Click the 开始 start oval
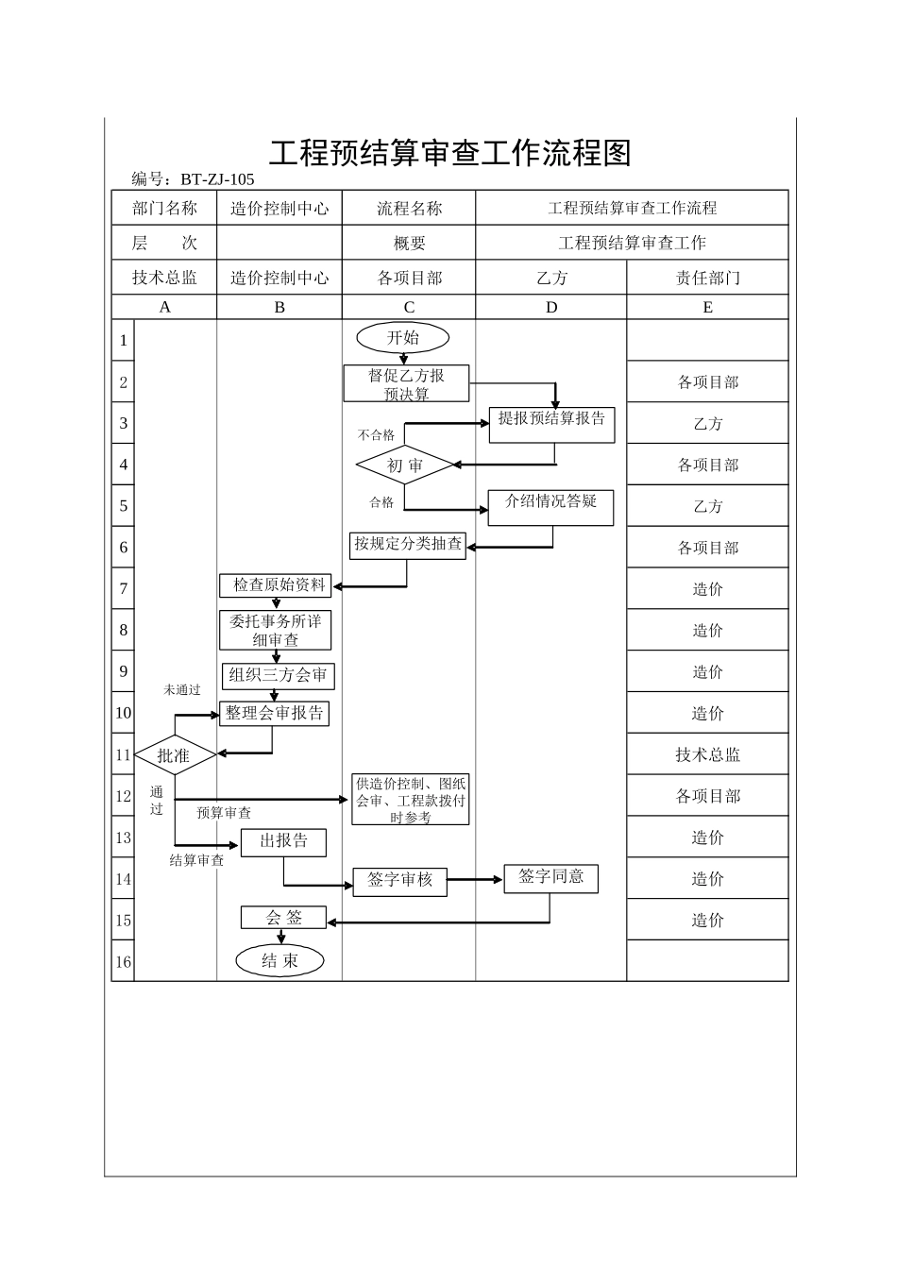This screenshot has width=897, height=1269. (403, 338)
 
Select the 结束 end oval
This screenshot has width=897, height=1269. (279, 961)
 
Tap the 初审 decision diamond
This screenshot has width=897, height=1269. (405, 465)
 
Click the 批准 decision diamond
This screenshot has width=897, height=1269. (175, 754)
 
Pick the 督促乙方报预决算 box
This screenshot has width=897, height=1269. (406, 384)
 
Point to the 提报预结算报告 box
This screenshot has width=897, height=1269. (551, 424)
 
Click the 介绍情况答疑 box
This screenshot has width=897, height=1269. (550, 506)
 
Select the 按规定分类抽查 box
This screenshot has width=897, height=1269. (408, 545)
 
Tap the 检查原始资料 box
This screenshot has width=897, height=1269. (277, 585)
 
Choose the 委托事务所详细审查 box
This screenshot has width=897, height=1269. (276, 631)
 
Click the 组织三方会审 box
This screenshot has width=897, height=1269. (278, 675)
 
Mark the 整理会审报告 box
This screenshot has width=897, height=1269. (274, 714)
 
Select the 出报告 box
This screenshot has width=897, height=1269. (283, 841)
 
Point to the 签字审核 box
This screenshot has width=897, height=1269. (399, 881)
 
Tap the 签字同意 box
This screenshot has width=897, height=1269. (550, 878)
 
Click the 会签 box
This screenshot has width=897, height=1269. (283, 918)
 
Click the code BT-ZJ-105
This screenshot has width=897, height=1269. (217, 179)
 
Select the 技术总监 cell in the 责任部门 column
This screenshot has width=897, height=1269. (707, 754)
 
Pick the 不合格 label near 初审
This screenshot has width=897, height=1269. (376, 435)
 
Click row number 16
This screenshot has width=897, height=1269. (123, 962)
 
